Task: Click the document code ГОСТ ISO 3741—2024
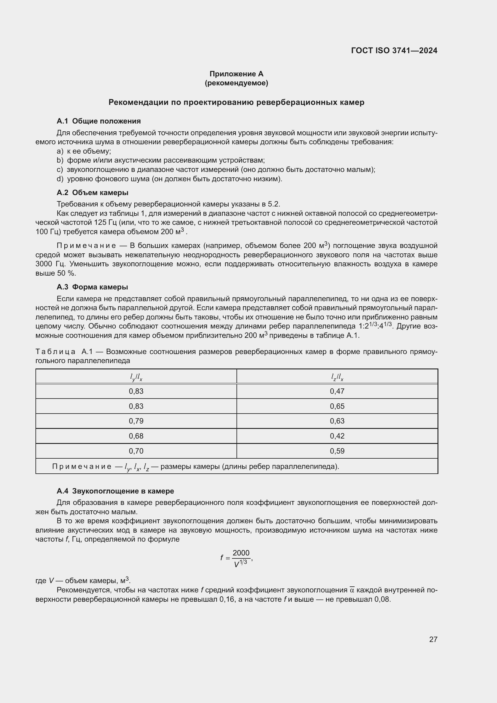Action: [x=394, y=50]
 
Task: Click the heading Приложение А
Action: [x=236, y=74]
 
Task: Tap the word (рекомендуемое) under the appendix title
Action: [x=236, y=83]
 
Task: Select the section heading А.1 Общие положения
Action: [x=99, y=121]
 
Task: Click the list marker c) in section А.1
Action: [x=60, y=170]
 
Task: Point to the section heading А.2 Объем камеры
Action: [x=93, y=193]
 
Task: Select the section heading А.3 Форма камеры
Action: [x=93, y=287]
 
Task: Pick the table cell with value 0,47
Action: [x=337, y=391]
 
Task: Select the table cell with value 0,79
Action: [x=136, y=421]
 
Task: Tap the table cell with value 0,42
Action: [x=337, y=436]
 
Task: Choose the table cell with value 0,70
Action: [x=136, y=451]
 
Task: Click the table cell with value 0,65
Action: [x=337, y=406]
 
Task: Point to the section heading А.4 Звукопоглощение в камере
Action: [x=115, y=491]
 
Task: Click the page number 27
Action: [x=433, y=645]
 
